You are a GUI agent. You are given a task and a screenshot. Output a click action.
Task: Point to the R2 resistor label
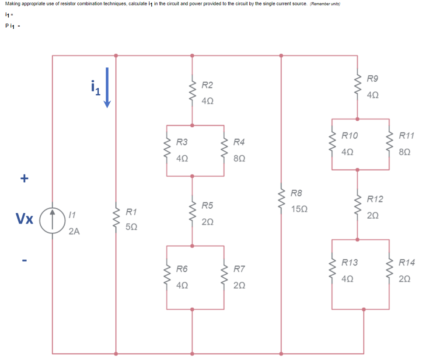pyautogui.click(x=207, y=84)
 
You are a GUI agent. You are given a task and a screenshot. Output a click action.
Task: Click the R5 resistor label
pyautogui.click(x=207, y=206)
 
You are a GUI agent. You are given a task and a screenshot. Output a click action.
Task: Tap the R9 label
pyautogui.click(x=373, y=79)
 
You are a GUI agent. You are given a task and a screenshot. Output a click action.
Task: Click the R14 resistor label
pyautogui.click(x=406, y=262)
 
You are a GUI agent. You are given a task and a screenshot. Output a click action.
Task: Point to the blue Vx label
pyautogui.click(x=24, y=218)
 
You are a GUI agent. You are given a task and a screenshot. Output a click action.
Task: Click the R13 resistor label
pyautogui.click(x=349, y=262)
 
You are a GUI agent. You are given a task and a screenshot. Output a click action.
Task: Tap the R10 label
pyautogui.click(x=349, y=136)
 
